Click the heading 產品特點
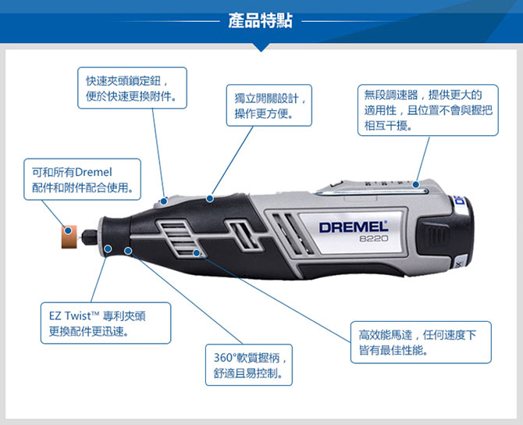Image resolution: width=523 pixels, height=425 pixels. point(260,20)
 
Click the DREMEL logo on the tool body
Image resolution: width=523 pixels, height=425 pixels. point(354,227)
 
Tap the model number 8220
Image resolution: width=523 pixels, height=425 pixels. point(374,238)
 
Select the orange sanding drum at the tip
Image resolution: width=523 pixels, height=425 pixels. point(69,237)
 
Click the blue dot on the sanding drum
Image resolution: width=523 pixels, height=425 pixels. point(68,230)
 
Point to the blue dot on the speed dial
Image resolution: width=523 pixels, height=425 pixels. point(415,184)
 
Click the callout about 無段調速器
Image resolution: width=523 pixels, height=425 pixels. point(428,110)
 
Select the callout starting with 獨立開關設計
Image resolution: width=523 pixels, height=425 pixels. point(269,105)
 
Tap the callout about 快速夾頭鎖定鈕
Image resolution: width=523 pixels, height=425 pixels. point(132,88)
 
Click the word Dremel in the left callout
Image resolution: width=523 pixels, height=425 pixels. point(94,173)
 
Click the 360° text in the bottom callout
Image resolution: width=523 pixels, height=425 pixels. point(225,358)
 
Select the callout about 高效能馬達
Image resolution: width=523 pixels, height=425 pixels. point(421,342)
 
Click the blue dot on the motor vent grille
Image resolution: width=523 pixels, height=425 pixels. point(197,253)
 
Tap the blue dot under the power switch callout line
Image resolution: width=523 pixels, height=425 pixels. point(209,198)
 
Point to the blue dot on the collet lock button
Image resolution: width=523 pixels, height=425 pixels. point(163,202)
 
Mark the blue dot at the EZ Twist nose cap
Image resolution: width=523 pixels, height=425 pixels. point(108,248)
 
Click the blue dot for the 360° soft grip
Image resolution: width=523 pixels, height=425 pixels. point(128,251)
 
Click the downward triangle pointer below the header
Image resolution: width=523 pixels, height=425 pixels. point(261,47)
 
